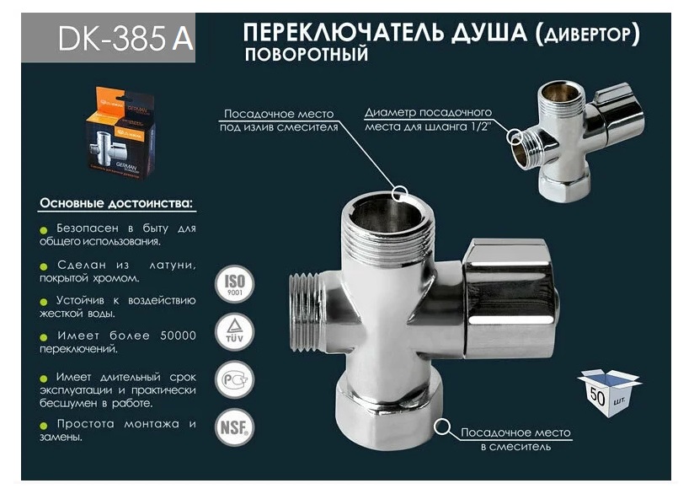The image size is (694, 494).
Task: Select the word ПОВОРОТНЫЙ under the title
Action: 306,56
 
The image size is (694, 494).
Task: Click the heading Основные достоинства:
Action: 115,204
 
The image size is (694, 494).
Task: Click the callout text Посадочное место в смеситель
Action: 515,439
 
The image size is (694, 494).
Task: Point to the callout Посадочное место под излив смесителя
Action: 280,121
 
